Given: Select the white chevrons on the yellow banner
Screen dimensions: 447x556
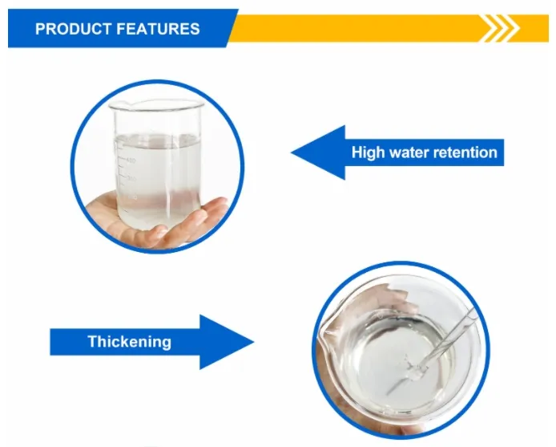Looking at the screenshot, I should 498,29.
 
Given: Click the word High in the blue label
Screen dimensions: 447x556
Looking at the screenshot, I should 367,152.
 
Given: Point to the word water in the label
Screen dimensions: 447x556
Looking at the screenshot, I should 409,152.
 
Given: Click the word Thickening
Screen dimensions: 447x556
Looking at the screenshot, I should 129,341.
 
